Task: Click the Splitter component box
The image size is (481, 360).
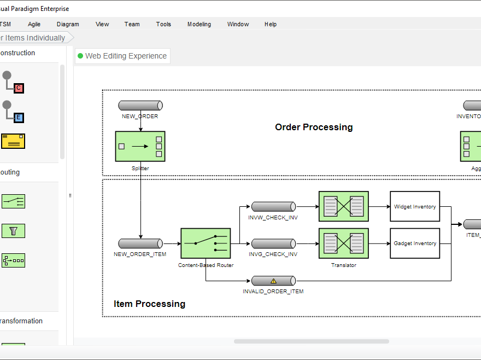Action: [140, 146]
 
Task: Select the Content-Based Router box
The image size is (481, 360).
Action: [206, 243]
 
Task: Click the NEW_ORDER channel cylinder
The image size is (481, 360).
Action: [140, 106]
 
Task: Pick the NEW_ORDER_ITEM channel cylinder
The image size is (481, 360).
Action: [140, 243]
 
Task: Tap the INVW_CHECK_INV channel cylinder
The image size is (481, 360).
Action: [273, 207]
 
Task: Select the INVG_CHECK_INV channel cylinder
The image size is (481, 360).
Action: [273, 243]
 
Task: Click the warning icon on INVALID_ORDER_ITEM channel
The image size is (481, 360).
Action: [274, 281]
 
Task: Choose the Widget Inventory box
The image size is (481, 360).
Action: [415, 206]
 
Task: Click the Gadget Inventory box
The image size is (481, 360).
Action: [415, 243]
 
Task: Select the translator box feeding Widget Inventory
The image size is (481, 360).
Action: [343, 206]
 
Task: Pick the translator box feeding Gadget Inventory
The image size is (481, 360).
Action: [343, 243]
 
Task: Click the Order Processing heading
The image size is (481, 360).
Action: [314, 127]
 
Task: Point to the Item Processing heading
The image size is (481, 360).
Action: [149, 304]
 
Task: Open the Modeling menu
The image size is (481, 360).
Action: [199, 24]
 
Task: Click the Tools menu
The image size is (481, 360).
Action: [163, 24]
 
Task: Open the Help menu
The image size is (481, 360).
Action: [271, 24]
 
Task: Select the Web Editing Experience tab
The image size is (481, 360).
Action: [122, 56]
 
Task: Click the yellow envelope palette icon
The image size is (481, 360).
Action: [13, 141]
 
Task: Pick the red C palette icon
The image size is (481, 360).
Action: [19, 88]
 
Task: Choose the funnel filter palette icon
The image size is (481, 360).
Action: [14, 231]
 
